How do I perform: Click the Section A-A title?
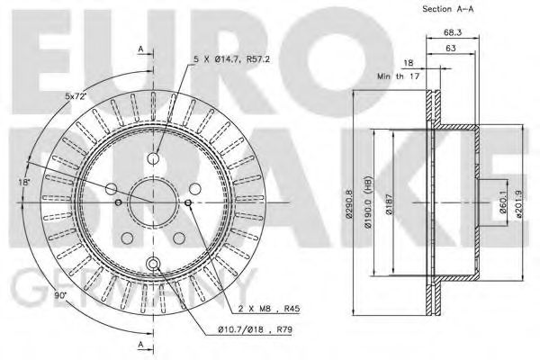coord(447,9)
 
